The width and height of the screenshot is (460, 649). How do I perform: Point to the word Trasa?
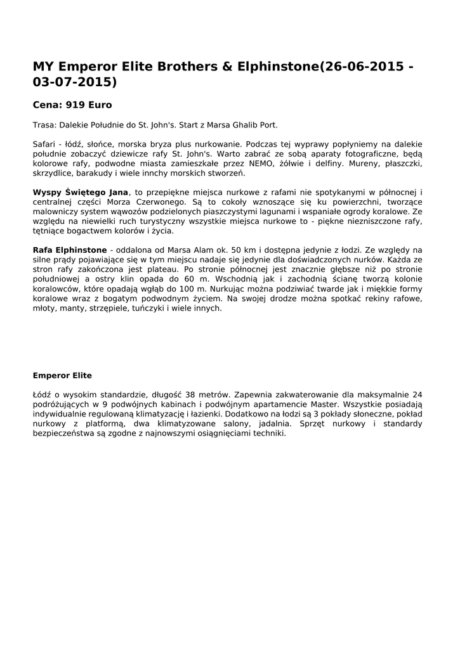point(44,125)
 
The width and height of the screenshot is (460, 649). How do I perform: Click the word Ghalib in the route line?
point(242,125)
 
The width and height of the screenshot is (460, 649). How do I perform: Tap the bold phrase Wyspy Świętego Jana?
point(80,191)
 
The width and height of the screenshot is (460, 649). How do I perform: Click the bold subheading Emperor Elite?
point(62,375)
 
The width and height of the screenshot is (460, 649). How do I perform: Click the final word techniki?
point(270,433)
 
